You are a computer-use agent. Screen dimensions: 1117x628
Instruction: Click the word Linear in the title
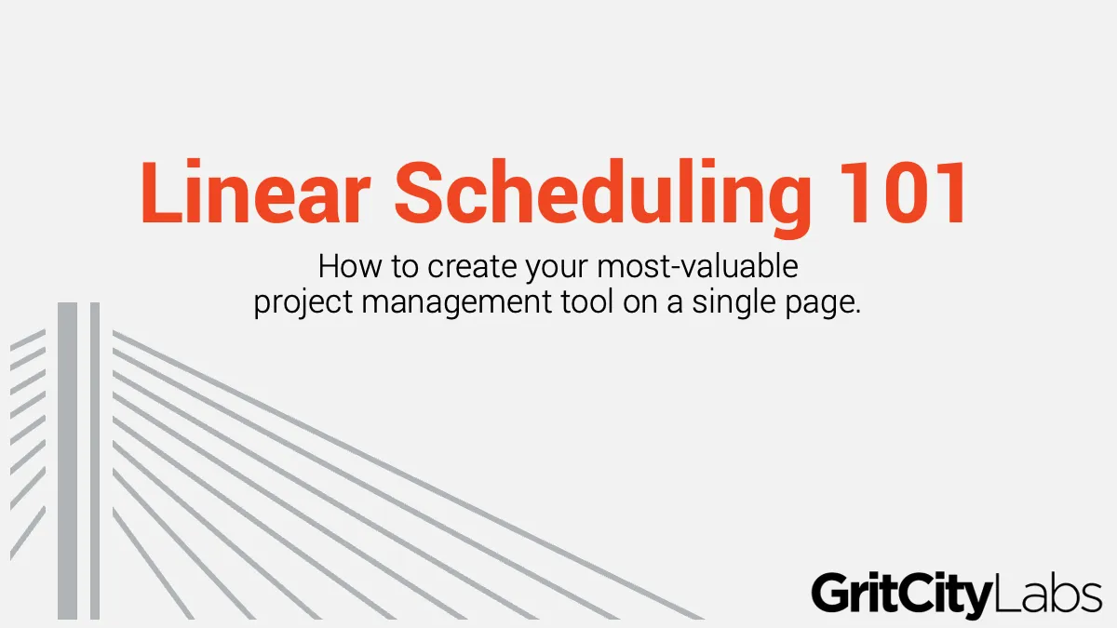[255, 192]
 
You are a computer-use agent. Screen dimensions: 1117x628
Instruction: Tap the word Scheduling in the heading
[603, 198]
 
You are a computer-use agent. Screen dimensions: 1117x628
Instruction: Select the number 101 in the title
[903, 193]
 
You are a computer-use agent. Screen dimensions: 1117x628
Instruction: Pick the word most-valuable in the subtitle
[697, 266]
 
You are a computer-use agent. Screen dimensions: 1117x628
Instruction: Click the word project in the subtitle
[303, 302]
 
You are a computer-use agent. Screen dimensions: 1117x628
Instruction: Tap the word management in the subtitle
[456, 303]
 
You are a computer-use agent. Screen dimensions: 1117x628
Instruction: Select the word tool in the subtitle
[587, 301]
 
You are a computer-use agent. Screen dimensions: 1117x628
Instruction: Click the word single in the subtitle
[734, 302]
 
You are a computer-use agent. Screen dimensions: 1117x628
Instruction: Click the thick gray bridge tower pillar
[67, 461]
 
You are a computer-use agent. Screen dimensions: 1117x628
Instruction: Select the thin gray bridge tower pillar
[95, 461]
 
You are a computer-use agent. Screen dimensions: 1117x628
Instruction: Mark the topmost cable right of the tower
[408, 475]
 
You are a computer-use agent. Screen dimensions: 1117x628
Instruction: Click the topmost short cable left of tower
[28, 340]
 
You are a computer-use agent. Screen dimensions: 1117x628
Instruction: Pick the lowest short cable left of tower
[28, 533]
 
